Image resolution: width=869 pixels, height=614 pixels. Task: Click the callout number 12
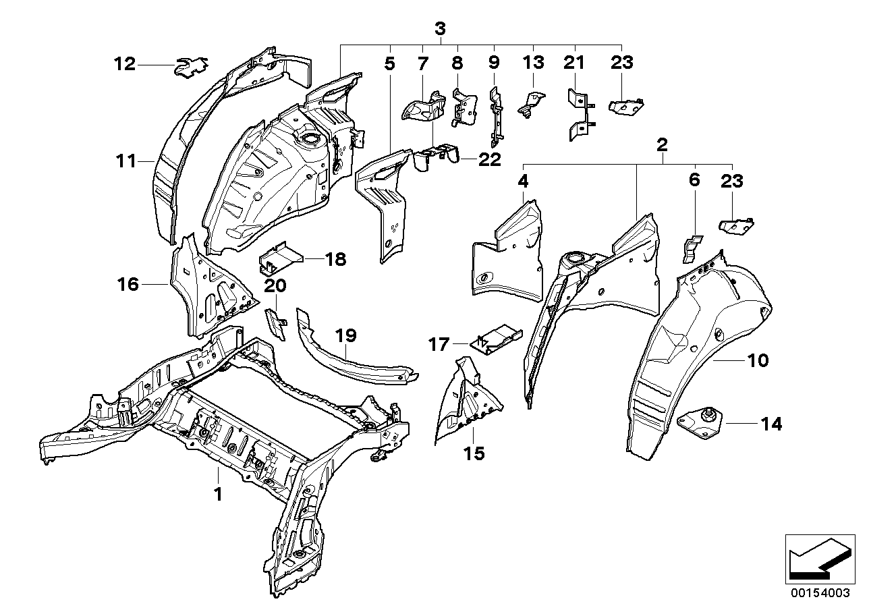125,65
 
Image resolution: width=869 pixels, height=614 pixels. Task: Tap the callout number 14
772,424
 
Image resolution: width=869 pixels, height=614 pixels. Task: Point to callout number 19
345,335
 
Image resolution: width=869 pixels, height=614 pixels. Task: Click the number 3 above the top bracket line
440,29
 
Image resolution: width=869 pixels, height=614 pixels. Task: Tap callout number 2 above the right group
662,144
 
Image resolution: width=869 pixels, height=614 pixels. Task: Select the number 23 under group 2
731,181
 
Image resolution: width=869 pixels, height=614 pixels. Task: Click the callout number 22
490,159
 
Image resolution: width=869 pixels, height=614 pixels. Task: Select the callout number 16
128,285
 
